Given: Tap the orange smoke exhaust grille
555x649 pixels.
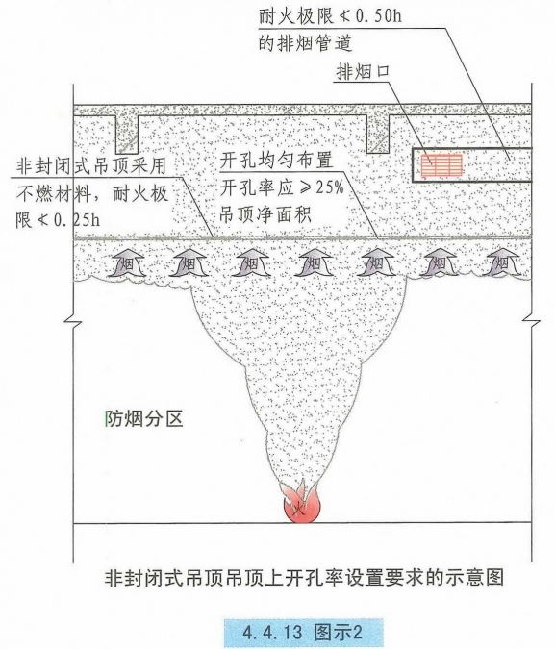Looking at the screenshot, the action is point(441,165).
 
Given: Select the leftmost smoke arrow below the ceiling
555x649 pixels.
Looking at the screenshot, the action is point(127,262).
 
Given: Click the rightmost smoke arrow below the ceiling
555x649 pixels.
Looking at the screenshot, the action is point(502,262).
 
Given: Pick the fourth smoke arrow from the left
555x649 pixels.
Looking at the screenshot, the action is point(315,262).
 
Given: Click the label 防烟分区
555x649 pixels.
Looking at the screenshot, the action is point(144,419).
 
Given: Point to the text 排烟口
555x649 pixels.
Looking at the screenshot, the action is point(364,72).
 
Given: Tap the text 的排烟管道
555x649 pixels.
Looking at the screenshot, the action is point(306,43).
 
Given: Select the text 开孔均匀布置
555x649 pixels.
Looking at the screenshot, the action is point(277,161).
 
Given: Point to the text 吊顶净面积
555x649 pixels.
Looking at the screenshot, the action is point(265,214).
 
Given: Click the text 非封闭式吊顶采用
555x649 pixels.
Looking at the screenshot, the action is point(91,166).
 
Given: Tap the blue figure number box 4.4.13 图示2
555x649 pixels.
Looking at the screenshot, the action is point(303,633).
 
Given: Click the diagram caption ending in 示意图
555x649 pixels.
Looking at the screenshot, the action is point(304,578).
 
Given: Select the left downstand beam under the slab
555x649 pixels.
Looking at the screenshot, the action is point(127,134).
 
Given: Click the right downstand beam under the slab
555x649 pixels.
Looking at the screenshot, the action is point(378,134).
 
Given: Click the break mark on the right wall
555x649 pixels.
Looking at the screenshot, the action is point(531,321).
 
